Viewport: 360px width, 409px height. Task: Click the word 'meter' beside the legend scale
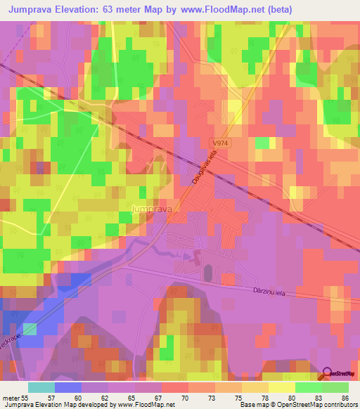pos(10,397)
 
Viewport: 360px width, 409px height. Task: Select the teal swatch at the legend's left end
pos(41,387)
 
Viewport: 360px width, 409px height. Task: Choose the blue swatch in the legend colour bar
pos(67,387)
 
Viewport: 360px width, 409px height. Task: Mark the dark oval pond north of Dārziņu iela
pos(207,272)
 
